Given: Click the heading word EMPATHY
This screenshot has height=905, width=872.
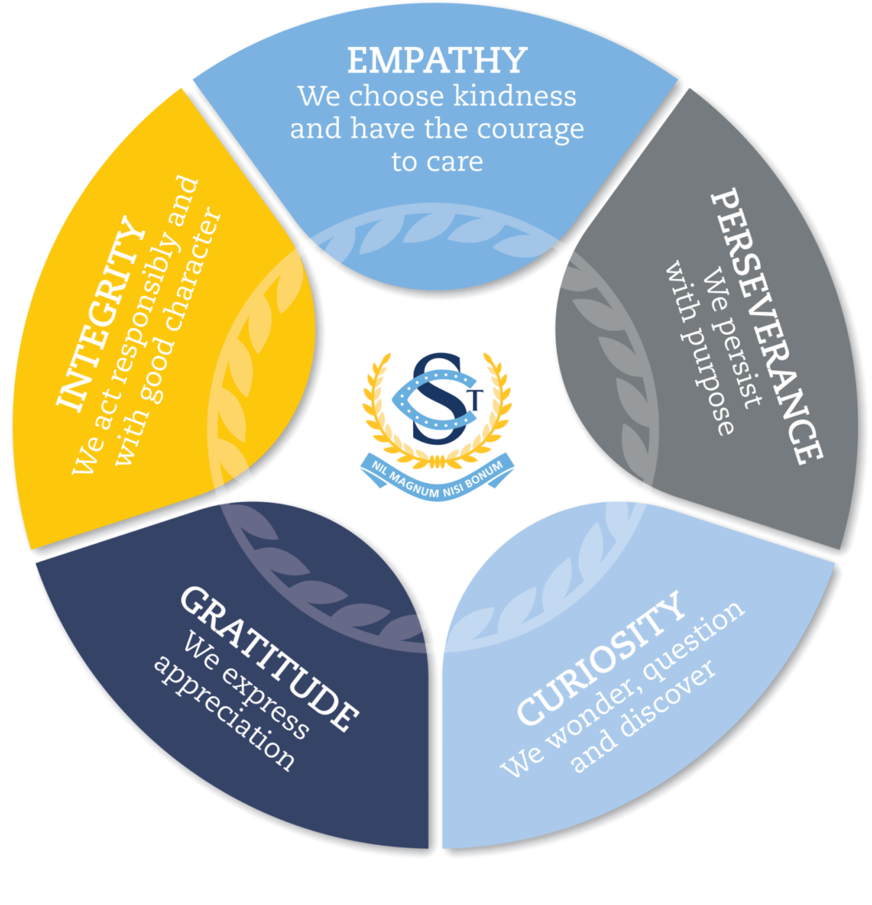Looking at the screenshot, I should coord(436,62).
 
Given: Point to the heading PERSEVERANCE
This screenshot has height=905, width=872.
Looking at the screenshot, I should coord(765,327).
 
